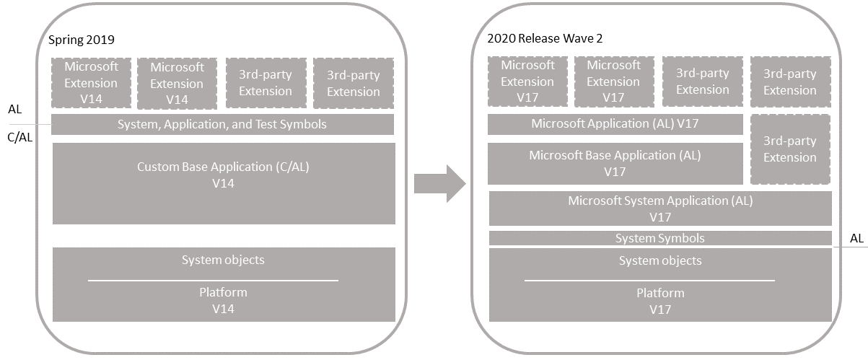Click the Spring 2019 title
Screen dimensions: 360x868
coord(82,40)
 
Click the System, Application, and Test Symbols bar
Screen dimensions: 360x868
coord(222,124)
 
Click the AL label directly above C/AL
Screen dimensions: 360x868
coord(14,110)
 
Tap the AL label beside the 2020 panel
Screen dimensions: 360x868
coord(856,237)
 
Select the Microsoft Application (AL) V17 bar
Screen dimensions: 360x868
coord(615,123)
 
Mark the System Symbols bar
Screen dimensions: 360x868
coord(660,238)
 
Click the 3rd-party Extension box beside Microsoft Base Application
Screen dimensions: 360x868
coord(790,149)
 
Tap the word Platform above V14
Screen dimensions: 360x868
coord(223,292)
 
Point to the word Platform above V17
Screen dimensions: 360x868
coord(660,293)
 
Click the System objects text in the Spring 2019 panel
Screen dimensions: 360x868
coord(223,260)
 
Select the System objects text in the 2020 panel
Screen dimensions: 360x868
coord(660,260)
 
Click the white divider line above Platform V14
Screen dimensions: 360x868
coord(213,280)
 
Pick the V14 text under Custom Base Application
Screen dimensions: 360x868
coord(223,183)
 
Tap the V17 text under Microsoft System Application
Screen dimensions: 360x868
coord(660,217)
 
